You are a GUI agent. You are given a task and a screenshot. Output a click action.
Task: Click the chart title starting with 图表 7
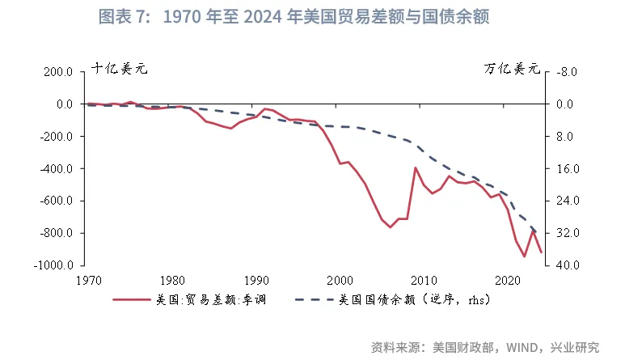pos(293,17)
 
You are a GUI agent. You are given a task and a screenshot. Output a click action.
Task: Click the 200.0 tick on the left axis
pos(58,72)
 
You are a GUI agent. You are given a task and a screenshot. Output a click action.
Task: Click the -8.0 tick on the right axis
pos(566,72)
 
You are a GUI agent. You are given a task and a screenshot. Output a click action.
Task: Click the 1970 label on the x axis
pos(88,281)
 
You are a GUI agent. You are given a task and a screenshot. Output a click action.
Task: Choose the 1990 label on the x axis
pos(256,281)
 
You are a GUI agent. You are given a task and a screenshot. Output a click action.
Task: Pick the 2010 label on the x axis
pos(424,281)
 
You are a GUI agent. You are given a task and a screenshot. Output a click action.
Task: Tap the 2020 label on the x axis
pos(508,281)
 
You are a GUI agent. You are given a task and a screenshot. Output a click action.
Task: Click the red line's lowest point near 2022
pos(525,256)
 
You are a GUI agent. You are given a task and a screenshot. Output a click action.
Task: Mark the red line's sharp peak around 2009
pos(416,168)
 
